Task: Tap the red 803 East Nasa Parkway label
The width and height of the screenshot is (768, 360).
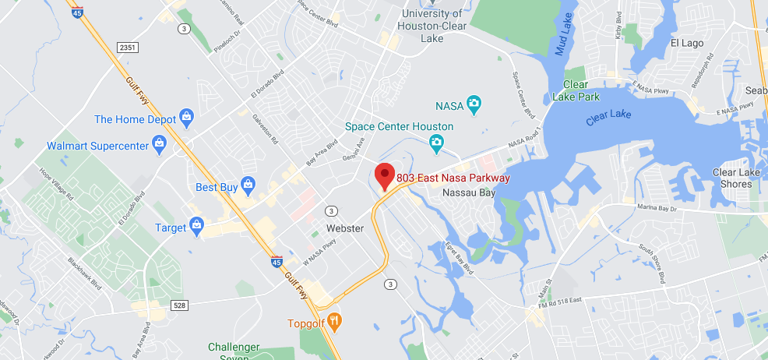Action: click(x=453, y=178)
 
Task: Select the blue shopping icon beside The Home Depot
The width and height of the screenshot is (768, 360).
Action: click(x=186, y=118)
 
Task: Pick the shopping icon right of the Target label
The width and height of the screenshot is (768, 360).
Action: click(x=196, y=227)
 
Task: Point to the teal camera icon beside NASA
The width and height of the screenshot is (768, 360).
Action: click(x=473, y=104)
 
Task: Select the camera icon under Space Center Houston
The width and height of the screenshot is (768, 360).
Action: click(x=437, y=141)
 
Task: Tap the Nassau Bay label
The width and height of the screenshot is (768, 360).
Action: click(x=468, y=192)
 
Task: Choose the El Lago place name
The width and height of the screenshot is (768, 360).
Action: click(x=687, y=43)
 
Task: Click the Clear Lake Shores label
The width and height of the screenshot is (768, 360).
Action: click(x=732, y=178)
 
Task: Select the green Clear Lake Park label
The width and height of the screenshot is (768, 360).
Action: click(x=576, y=90)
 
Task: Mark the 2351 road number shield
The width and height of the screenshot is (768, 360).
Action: click(x=128, y=48)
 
